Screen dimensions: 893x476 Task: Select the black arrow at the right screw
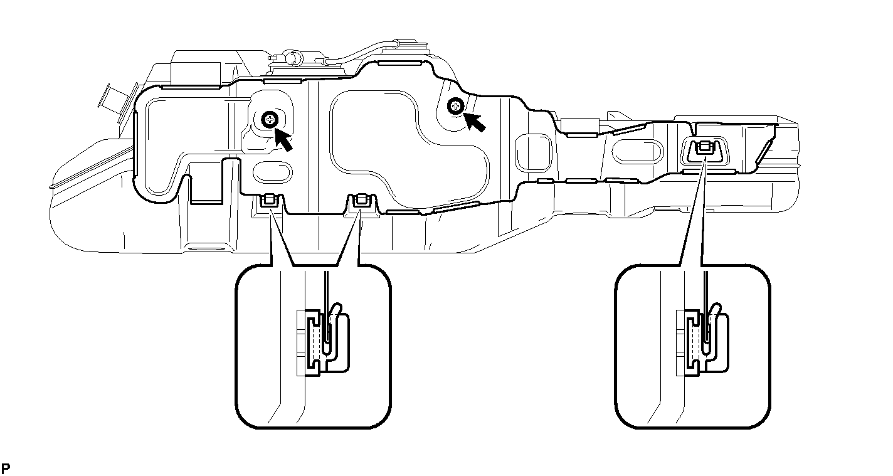(x=475, y=122)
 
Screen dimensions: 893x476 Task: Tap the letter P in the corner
(x=6, y=468)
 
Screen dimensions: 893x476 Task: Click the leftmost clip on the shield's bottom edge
(x=270, y=201)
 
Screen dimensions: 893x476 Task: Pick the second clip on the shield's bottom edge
(x=361, y=201)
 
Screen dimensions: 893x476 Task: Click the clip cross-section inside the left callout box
(x=324, y=341)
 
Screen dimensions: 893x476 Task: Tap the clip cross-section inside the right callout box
(x=702, y=341)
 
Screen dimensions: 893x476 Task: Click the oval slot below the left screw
(x=273, y=172)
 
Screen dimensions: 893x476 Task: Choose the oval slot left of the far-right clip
(x=638, y=152)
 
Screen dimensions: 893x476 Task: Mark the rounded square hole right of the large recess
(x=533, y=153)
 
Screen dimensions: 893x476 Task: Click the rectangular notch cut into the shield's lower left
(x=206, y=181)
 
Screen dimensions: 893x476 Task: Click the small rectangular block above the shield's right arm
(x=580, y=124)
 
